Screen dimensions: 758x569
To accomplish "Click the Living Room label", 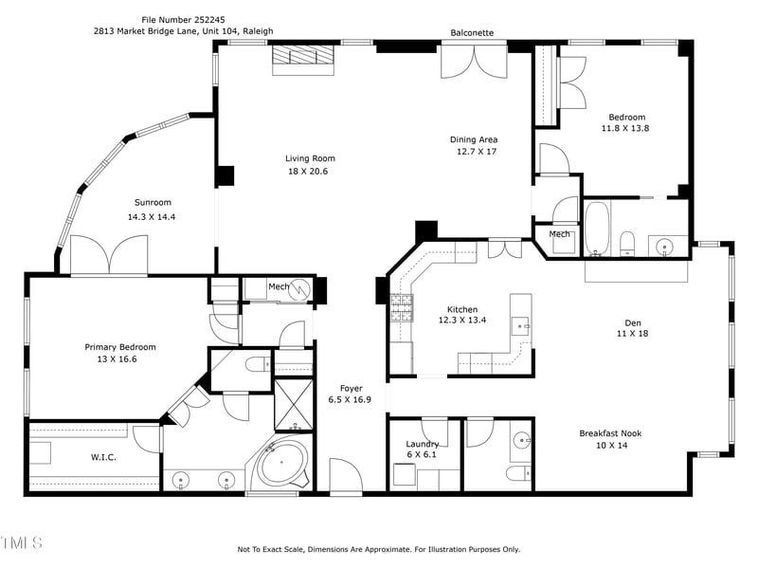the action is coord(310,158).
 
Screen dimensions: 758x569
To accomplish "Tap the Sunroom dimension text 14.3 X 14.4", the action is coord(152,217).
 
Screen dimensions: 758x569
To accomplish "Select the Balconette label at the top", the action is coord(472,33).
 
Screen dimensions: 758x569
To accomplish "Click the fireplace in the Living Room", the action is coord(303,60).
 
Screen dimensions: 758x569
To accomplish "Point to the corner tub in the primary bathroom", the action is coord(281,463).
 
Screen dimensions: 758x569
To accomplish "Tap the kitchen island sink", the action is coord(520,326).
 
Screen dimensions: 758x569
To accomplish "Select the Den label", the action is coord(633,322).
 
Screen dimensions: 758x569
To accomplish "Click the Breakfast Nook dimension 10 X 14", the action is coord(611,445).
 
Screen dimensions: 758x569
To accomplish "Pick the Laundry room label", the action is coord(422,444).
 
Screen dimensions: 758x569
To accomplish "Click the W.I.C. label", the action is coord(103,457).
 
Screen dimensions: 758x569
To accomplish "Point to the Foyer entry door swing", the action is coord(346,475).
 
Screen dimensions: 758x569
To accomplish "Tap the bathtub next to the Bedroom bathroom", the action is coord(597,229).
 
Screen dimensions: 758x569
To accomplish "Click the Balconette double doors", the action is coord(474,62).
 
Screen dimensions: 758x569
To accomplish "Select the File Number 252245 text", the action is coord(183,20).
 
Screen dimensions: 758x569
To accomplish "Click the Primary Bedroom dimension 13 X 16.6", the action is coord(117,359).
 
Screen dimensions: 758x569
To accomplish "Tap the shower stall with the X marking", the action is coord(294,405).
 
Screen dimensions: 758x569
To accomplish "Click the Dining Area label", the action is coord(474,139).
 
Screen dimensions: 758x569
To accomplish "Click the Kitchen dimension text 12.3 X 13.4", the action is coord(462,320).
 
